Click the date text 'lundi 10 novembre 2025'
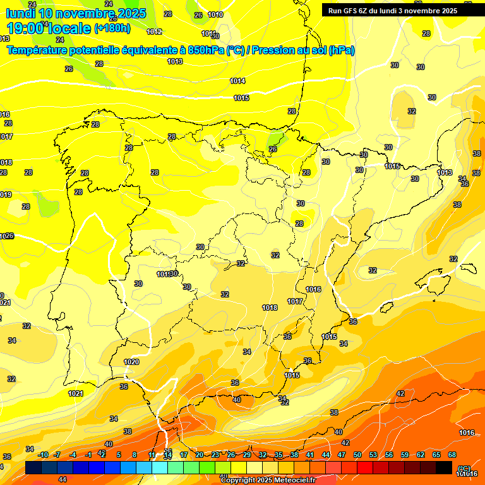point(76,13)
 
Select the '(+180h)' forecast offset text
point(112,28)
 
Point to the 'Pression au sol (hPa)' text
point(303,50)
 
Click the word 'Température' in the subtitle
point(38,50)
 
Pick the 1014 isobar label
point(237,81)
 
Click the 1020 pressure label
point(131,362)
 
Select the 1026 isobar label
point(6,236)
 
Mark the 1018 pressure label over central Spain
point(270,308)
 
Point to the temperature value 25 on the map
point(273,149)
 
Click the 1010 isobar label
point(215,15)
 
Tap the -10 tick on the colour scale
point(43,455)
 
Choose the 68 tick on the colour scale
point(452,455)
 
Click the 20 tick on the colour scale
point(200,455)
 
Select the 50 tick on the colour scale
point(357,455)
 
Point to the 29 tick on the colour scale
point(247,455)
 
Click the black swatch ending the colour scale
point(444,467)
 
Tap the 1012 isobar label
point(154,32)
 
